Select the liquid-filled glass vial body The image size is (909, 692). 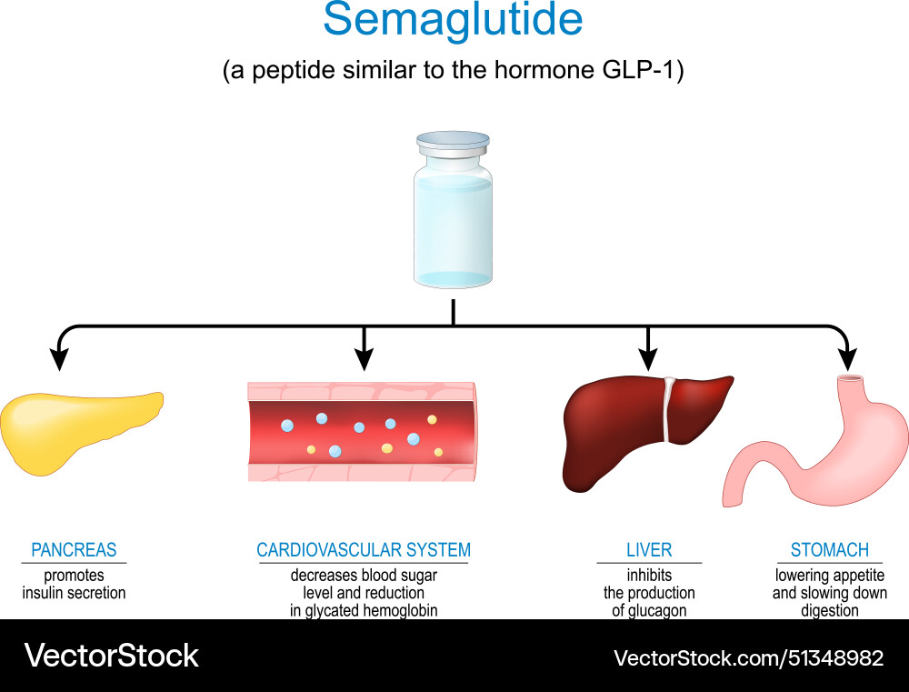(x=453, y=227)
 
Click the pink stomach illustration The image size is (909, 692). (x=818, y=455)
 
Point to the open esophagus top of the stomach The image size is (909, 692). (x=851, y=378)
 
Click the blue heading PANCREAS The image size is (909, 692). (x=74, y=550)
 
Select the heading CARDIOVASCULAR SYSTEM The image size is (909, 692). (x=364, y=550)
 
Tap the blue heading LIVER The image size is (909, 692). (x=649, y=550)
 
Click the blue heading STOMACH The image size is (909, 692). (x=829, y=550)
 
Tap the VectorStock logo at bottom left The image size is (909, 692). (x=111, y=657)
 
